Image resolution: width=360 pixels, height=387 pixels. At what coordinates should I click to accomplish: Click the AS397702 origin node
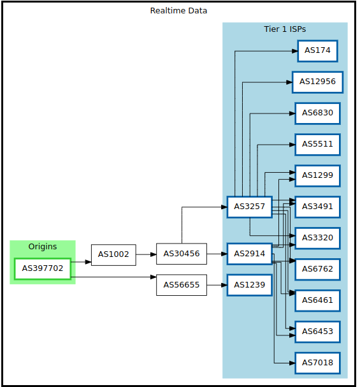[43, 269]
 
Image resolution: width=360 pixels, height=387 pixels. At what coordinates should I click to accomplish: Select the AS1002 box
[113, 255]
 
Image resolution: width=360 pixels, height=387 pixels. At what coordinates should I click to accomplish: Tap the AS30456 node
[182, 254]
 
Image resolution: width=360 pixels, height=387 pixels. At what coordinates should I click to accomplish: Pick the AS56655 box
[182, 285]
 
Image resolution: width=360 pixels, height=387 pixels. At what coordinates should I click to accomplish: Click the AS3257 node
[250, 207]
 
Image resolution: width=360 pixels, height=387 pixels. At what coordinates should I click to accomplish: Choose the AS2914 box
[250, 254]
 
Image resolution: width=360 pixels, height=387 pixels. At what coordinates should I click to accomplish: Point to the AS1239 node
[250, 285]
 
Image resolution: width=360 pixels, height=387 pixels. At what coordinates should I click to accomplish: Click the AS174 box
[317, 51]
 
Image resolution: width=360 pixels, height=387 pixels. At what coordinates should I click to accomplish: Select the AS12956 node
[317, 82]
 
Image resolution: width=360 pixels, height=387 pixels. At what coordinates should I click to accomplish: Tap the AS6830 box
[317, 113]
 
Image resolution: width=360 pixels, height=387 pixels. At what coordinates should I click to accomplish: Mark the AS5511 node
[317, 145]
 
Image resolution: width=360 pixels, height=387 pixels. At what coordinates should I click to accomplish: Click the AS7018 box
[317, 363]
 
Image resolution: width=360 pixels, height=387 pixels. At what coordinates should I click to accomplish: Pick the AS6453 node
[317, 332]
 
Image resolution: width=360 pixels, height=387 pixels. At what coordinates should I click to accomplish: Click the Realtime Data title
[178, 11]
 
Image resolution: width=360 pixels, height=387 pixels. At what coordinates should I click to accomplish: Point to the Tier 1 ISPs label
[285, 29]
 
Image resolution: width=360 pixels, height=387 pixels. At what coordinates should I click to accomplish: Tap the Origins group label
[43, 247]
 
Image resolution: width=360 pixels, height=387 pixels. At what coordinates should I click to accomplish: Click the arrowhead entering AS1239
[224, 285]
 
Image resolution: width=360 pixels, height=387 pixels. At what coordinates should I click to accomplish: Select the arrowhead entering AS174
[294, 51]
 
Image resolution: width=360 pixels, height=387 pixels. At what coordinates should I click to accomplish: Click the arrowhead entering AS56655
[154, 277]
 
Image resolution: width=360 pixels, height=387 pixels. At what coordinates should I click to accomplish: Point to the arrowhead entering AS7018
[292, 363]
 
